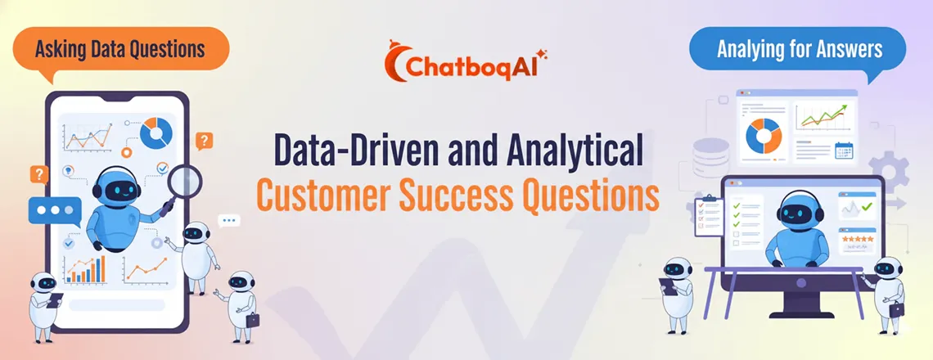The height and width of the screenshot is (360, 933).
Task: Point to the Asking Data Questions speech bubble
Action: click(119, 49)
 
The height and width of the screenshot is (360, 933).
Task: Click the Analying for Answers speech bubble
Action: click(799, 49)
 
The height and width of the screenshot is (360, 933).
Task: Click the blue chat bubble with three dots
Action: click(54, 210)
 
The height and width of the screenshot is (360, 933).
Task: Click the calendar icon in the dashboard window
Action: click(844, 151)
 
